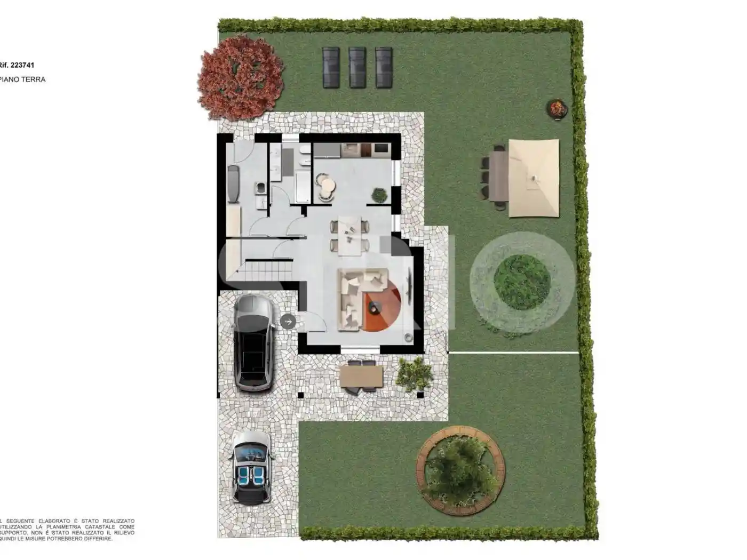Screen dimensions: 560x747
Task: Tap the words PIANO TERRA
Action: point(23,79)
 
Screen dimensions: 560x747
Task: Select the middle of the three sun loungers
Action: point(357,67)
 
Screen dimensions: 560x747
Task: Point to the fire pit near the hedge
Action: point(557,108)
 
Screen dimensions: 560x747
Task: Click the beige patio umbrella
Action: point(534,178)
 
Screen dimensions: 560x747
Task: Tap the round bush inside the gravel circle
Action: point(522,283)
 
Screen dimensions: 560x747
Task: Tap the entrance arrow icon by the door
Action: point(288,321)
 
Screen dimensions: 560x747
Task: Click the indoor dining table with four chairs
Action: point(349,235)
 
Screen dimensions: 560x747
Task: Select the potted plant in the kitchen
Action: point(379,195)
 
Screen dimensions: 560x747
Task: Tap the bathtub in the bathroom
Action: point(303,187)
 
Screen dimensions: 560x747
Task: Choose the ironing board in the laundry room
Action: point(234,184)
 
